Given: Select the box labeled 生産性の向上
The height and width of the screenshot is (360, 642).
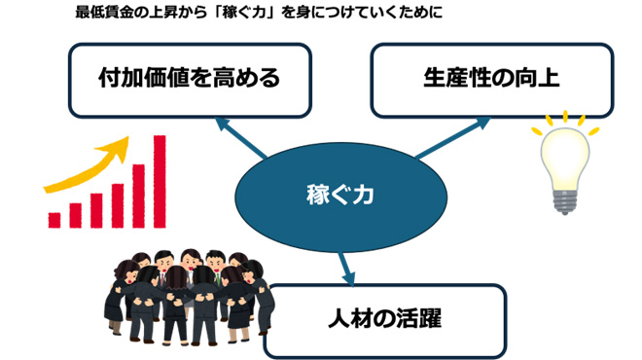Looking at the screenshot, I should [491, 78].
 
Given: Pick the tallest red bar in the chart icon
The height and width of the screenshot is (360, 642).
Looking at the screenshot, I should [160, 181].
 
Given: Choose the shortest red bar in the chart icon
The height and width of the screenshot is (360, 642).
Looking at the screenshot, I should [55, 220].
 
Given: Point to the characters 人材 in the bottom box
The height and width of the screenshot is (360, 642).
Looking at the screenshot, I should [346, 316].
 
